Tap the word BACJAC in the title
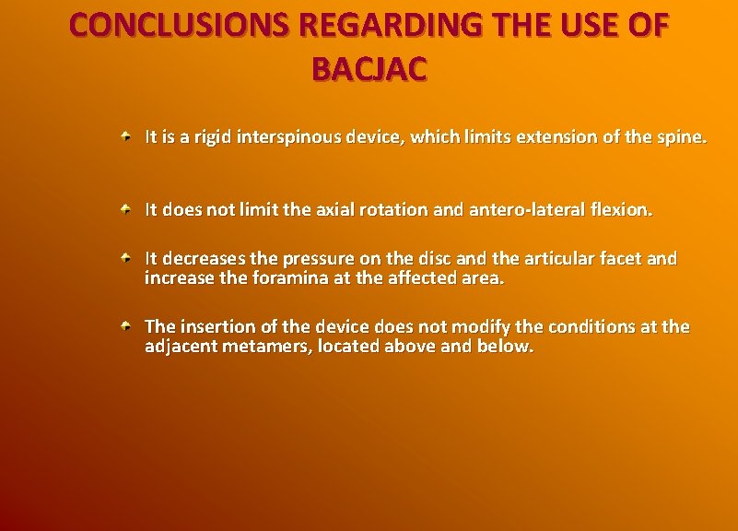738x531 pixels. pos(369,69)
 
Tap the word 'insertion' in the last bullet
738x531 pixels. pos(212,328)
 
